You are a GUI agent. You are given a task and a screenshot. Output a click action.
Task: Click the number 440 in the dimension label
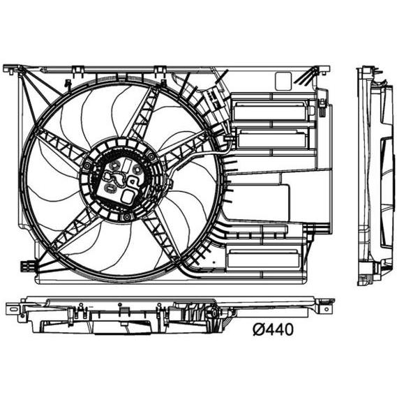pos(278,329)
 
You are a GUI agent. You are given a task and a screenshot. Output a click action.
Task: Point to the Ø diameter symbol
pos(257,329)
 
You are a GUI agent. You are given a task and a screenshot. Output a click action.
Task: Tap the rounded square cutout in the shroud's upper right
pos(283,81)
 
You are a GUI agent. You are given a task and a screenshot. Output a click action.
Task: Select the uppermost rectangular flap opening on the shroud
pos(271,111)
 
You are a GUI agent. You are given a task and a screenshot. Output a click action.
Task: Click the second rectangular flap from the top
pos(272,139)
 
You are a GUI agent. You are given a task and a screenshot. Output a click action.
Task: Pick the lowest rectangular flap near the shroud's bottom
pos(264,258)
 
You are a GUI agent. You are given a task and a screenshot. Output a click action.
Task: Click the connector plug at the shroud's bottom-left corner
pos(27,266)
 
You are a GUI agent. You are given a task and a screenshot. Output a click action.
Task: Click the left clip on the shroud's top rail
pos(77,70)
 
